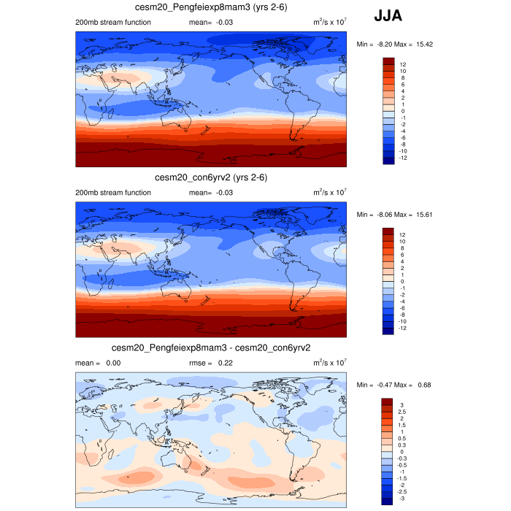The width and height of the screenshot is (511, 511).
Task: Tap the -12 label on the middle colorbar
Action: point(404,328)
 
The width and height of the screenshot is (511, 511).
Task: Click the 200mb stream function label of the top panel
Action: point(113,22)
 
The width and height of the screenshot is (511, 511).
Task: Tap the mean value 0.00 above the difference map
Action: point(113,362)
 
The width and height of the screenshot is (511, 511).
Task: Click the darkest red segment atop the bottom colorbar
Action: point(388,401)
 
